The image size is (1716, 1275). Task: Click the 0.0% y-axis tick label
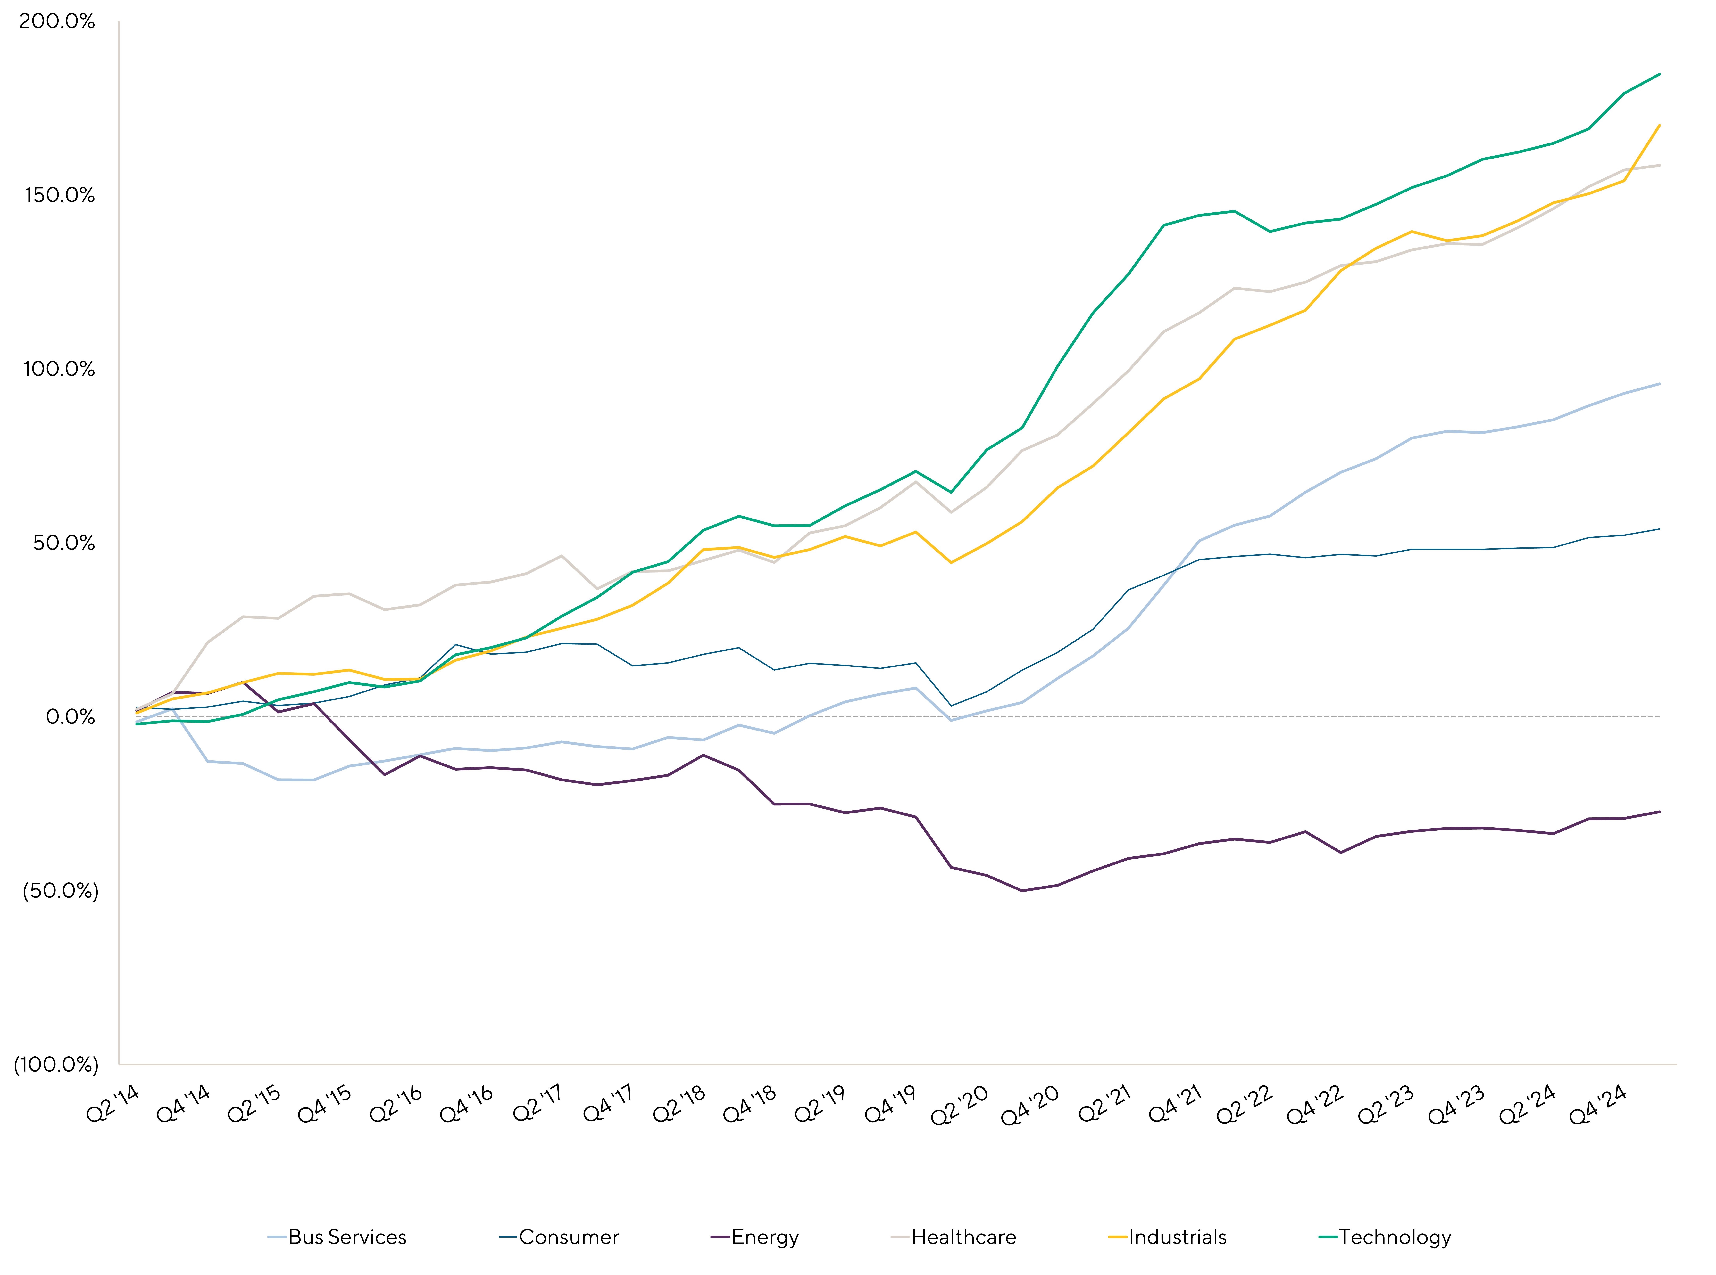pos(70,717)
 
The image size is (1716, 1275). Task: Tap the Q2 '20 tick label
pos(960,1105)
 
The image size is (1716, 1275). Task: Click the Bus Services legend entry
pos(337,1237)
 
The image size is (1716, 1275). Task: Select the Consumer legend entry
pos(560,1237)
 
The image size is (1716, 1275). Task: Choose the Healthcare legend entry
pos(954,1237)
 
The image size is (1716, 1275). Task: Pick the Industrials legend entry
pos(1167,1237)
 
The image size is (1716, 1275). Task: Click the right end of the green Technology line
pos(1660,74)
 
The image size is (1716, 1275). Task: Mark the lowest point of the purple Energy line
pos(1022,891)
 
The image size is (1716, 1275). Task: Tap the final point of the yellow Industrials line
pos(1660,125)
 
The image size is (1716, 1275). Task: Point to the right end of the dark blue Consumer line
pos(1660,529)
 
